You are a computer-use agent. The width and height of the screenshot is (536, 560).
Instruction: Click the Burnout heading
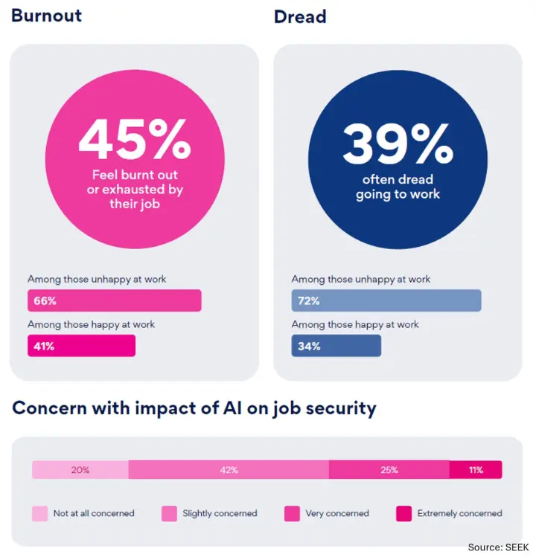coord(46,16)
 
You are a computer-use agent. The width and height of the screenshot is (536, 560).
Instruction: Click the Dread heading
coord(300,16)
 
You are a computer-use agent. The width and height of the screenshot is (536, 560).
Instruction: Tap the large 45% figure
coord(134,141)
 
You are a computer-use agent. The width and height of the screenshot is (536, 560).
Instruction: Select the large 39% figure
coord(398,144)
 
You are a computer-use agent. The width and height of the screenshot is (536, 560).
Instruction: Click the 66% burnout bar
coord(114,300)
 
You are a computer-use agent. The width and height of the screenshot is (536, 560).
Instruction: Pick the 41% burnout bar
coord(81,346)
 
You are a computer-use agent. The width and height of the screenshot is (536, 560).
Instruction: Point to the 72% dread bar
coord(386,300)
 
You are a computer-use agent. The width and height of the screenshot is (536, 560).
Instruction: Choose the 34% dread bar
coord(336,346)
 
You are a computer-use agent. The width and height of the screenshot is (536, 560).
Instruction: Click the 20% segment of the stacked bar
coord(80,470)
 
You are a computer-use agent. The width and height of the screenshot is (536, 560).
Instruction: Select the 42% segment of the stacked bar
coord(229,470)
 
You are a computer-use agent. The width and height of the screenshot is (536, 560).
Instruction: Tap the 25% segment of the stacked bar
coord(389,470)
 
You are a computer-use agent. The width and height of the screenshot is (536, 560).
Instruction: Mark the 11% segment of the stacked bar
coord(476,470)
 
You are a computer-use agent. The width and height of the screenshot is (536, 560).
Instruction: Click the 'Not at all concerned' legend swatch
coord(39,513)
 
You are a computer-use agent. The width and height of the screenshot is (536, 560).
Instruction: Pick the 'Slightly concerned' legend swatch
coord(169,513)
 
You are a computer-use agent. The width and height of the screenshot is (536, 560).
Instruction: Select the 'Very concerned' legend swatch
coord(292,513)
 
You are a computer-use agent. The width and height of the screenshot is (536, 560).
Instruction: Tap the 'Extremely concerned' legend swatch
coord(403,513)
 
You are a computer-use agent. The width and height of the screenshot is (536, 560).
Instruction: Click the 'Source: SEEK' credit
coord(497,547)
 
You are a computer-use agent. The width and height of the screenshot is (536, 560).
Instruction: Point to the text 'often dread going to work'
coord(398,187)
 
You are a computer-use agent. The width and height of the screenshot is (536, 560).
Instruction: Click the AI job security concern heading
coord(194,408)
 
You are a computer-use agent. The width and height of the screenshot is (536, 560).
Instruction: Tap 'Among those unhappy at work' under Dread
coord(361,280)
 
